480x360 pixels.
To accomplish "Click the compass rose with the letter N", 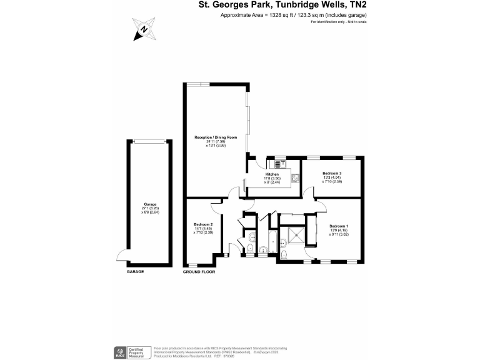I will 144,29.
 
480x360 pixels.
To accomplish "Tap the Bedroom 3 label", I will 332,173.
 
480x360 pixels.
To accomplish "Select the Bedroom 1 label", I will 338,226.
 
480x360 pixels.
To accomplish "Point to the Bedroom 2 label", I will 203,224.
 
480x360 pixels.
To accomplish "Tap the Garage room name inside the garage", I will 149,204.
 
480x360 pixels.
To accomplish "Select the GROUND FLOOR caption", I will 199,272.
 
